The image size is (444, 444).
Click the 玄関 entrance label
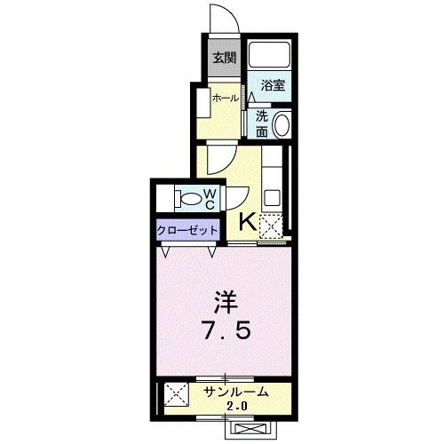click(x=224, y=59)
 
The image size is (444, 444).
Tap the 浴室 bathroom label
click(x=272, y=86)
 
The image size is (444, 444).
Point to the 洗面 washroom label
click(x=262, y=123)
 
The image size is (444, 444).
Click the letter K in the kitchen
click(x=247, y=224)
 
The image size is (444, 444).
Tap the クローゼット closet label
click(x=187, y=230)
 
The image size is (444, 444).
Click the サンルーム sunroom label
click(x=234, y=392)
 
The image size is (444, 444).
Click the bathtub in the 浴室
click(x=271, y=56)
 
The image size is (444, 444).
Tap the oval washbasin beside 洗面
click(x=282, y=124)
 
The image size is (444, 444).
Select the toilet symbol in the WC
click(x=187, y=197)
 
